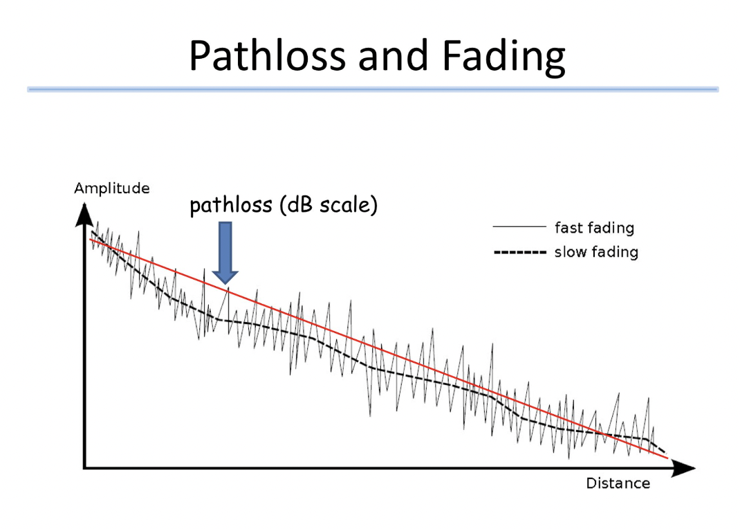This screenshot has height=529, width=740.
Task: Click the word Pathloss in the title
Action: click(x=268, y=55)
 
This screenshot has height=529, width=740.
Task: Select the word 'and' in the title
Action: click(x=394, y=55)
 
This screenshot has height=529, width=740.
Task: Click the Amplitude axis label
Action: click(x=112, y=188)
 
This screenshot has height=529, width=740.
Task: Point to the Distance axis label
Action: click(x=618, y=483)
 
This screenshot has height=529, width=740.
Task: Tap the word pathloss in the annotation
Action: click(x=231, y=206)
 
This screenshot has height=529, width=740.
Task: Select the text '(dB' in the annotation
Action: click(x=297, y=206)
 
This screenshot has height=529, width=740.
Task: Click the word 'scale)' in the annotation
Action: click(x=349, y=206)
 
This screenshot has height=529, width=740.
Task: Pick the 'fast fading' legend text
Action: click(x=595, y=228)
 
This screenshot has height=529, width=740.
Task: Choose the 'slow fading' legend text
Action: click(x=597, y=252)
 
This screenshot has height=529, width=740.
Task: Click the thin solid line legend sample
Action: click(x=519, y=226)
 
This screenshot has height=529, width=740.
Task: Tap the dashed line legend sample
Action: click(x=519, y=252)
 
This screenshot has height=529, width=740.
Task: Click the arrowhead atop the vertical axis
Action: click(x=84, y=215)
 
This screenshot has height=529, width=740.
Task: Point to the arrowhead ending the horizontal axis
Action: click(x=683, y=467)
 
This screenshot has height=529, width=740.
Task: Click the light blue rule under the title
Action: click(x=373, y=89)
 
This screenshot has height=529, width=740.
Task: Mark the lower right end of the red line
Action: click(x=668, y=458)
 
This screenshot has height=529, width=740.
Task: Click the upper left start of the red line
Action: click(x=90, y=240)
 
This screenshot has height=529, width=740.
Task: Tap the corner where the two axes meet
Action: click(x=85, y=467)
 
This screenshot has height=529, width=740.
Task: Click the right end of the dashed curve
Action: click(x=665, y=452)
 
